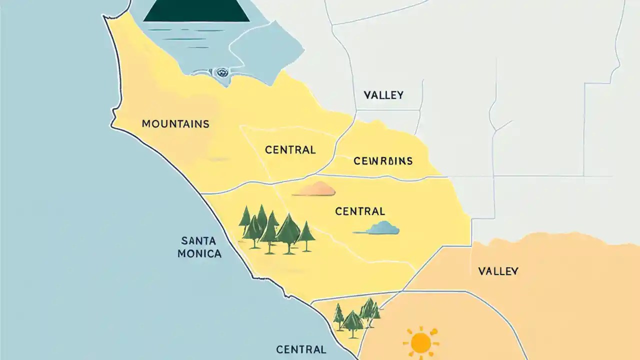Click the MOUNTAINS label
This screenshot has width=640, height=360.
[175, 123]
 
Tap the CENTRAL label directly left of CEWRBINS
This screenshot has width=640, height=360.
[290, 149]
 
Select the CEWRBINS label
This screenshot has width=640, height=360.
[383, 161]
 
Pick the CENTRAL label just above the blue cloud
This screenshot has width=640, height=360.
[360, 211]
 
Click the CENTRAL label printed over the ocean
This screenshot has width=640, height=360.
[301, 349]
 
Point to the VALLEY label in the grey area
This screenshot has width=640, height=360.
[383, 95]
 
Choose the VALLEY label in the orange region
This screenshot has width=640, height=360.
[498, 271]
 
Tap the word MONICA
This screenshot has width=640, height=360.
[199, 253]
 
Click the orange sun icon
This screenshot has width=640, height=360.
[421, 342]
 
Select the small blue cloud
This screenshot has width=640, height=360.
[381, 228]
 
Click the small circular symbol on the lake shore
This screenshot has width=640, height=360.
[219, 73]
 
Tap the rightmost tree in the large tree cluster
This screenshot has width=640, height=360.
[306, 235]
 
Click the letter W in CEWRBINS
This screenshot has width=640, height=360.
[371, 161]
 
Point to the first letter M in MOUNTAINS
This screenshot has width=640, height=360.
[146, 123]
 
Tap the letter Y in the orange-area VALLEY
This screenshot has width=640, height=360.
[514, 271]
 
